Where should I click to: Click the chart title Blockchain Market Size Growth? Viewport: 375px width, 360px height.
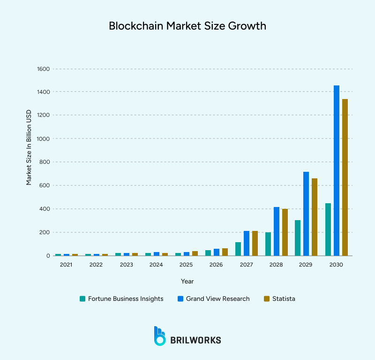click(x=187, y=26)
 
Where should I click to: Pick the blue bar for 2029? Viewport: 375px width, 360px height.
click(x=306, y=214)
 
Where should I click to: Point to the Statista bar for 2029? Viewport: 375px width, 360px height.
click(x=315, y=217)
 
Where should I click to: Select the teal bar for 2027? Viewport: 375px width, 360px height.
click(x=238, y=249)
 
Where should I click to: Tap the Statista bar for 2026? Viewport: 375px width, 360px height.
click(x=225, y=252)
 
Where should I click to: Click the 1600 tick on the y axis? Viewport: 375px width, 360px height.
click(x=43, y=69)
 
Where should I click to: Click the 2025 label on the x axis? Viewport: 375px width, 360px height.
click(x=186, y=265)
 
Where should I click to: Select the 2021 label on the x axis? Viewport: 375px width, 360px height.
click(x=66, y=265)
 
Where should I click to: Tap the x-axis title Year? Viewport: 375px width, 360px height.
click(x=187, y=281)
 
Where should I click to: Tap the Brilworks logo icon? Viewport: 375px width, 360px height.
click(x=160, y=336)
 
